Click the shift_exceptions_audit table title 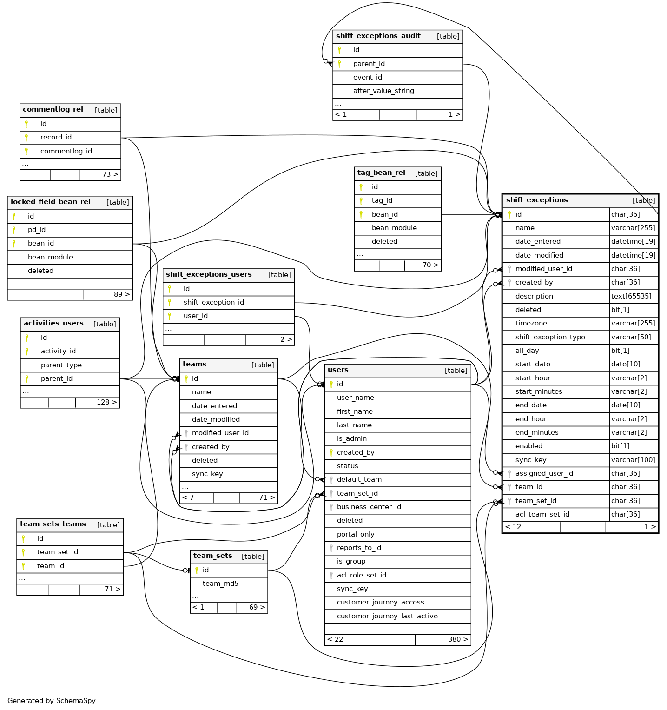(378, 36)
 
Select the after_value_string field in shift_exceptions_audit (383, 91)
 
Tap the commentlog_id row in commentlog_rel (66, 151)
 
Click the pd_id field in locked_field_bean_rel (37, 230)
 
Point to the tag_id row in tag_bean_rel (382, 200)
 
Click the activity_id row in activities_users (58, 351)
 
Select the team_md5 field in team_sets (220, 584)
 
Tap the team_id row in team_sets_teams (51, 566)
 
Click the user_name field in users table (356, 398)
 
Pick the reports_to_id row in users (359, 548)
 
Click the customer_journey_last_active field (387, 616)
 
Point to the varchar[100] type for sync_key (633, 460)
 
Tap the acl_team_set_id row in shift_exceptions (542, 514)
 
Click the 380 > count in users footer (458, 639)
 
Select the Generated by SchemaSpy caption (52, 701)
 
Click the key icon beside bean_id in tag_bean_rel (361, 214)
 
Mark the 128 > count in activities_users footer (106, 402)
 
